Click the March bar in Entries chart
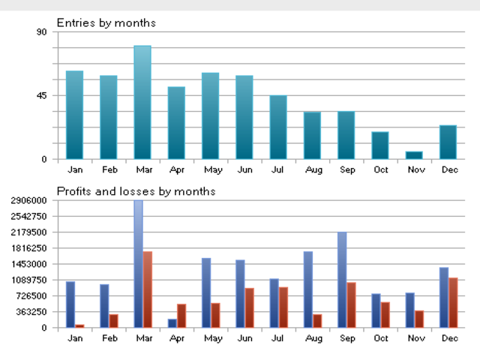[x=142, y=103]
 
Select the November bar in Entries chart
[x=414, y=155]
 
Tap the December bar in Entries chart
[x=448, y=142]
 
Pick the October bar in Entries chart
[x=380, y=145]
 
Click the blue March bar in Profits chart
[x=138, y=263]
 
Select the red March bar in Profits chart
[x=148, y=289]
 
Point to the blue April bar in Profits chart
[x=172, y=323]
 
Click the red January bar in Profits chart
[x=79, y=325]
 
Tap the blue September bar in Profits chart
[x=342, y=280]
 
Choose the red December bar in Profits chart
[x=453, y=302]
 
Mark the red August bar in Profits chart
[x=317, y=321]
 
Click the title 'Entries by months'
[x=106, y=22]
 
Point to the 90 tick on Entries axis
[x=41, y=32]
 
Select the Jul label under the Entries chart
[x=278, y=170]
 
